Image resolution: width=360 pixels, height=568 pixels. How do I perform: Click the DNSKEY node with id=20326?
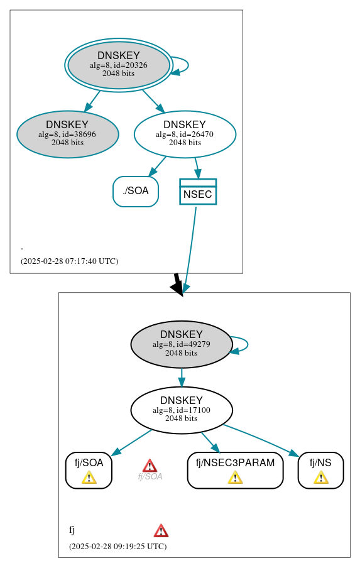point(119,65)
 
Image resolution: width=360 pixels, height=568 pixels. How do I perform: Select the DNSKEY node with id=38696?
point(67,134)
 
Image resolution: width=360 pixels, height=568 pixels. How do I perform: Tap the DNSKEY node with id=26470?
point(185,134)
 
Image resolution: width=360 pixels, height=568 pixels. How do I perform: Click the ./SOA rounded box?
point(136,192)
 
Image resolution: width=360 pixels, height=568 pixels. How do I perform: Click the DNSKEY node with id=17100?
point(182,410)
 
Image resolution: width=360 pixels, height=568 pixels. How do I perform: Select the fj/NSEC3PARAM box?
point(235,469)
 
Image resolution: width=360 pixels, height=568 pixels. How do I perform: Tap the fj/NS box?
point(320,469)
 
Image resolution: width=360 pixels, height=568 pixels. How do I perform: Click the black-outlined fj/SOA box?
point(89,469)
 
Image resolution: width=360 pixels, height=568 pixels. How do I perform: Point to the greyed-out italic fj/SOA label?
point(150,477)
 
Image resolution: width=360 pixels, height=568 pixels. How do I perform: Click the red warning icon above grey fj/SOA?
point(150,466)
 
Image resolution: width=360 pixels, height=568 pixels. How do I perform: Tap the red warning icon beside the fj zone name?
point(161,530)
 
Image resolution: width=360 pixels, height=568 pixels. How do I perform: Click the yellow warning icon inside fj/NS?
point(320,478)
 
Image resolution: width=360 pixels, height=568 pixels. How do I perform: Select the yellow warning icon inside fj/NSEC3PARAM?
point(235,478)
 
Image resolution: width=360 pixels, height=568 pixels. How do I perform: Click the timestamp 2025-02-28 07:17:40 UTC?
point(69,261)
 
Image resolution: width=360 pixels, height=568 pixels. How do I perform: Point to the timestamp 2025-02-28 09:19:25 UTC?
point(117,547)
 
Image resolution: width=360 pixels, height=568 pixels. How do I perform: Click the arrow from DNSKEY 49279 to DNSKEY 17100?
point(182,378)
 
